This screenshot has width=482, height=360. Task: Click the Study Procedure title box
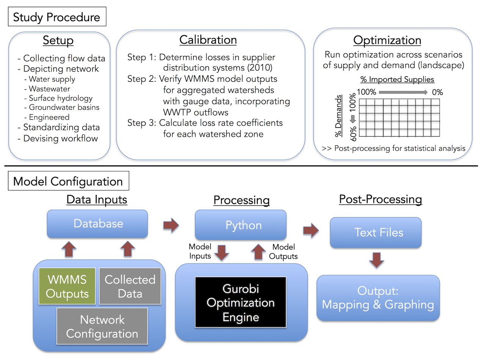click(57, 17)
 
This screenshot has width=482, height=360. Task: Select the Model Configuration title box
click(69, 181)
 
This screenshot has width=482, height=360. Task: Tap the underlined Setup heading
click(58, 41)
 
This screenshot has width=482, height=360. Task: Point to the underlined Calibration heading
click(208, 40)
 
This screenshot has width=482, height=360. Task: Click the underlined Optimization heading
click(387, 41)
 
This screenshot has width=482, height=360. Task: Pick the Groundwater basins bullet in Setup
click(62, 107)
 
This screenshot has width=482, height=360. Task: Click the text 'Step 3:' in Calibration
click(142, 123)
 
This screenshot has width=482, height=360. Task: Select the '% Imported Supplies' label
click(397, 79)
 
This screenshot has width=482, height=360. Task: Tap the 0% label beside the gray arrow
click(437, 92)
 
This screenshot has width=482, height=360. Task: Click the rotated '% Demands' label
click(338, 116)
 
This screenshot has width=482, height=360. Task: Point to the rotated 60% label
click(353, 134)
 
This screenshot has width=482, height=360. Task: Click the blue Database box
click(97, 224)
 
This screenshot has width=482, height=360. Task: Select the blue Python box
click(241, 225)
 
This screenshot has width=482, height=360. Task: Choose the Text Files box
click(376, 232)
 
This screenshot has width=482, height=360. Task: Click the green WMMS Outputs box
click(67, 286)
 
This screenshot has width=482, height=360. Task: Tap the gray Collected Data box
click(130, 286)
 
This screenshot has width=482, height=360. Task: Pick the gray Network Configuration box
click(102, 326)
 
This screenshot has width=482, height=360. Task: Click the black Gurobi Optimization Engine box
click(241, 302)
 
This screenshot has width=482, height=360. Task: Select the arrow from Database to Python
click(171, 225)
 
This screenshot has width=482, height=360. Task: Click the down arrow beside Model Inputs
click(222, 253)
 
